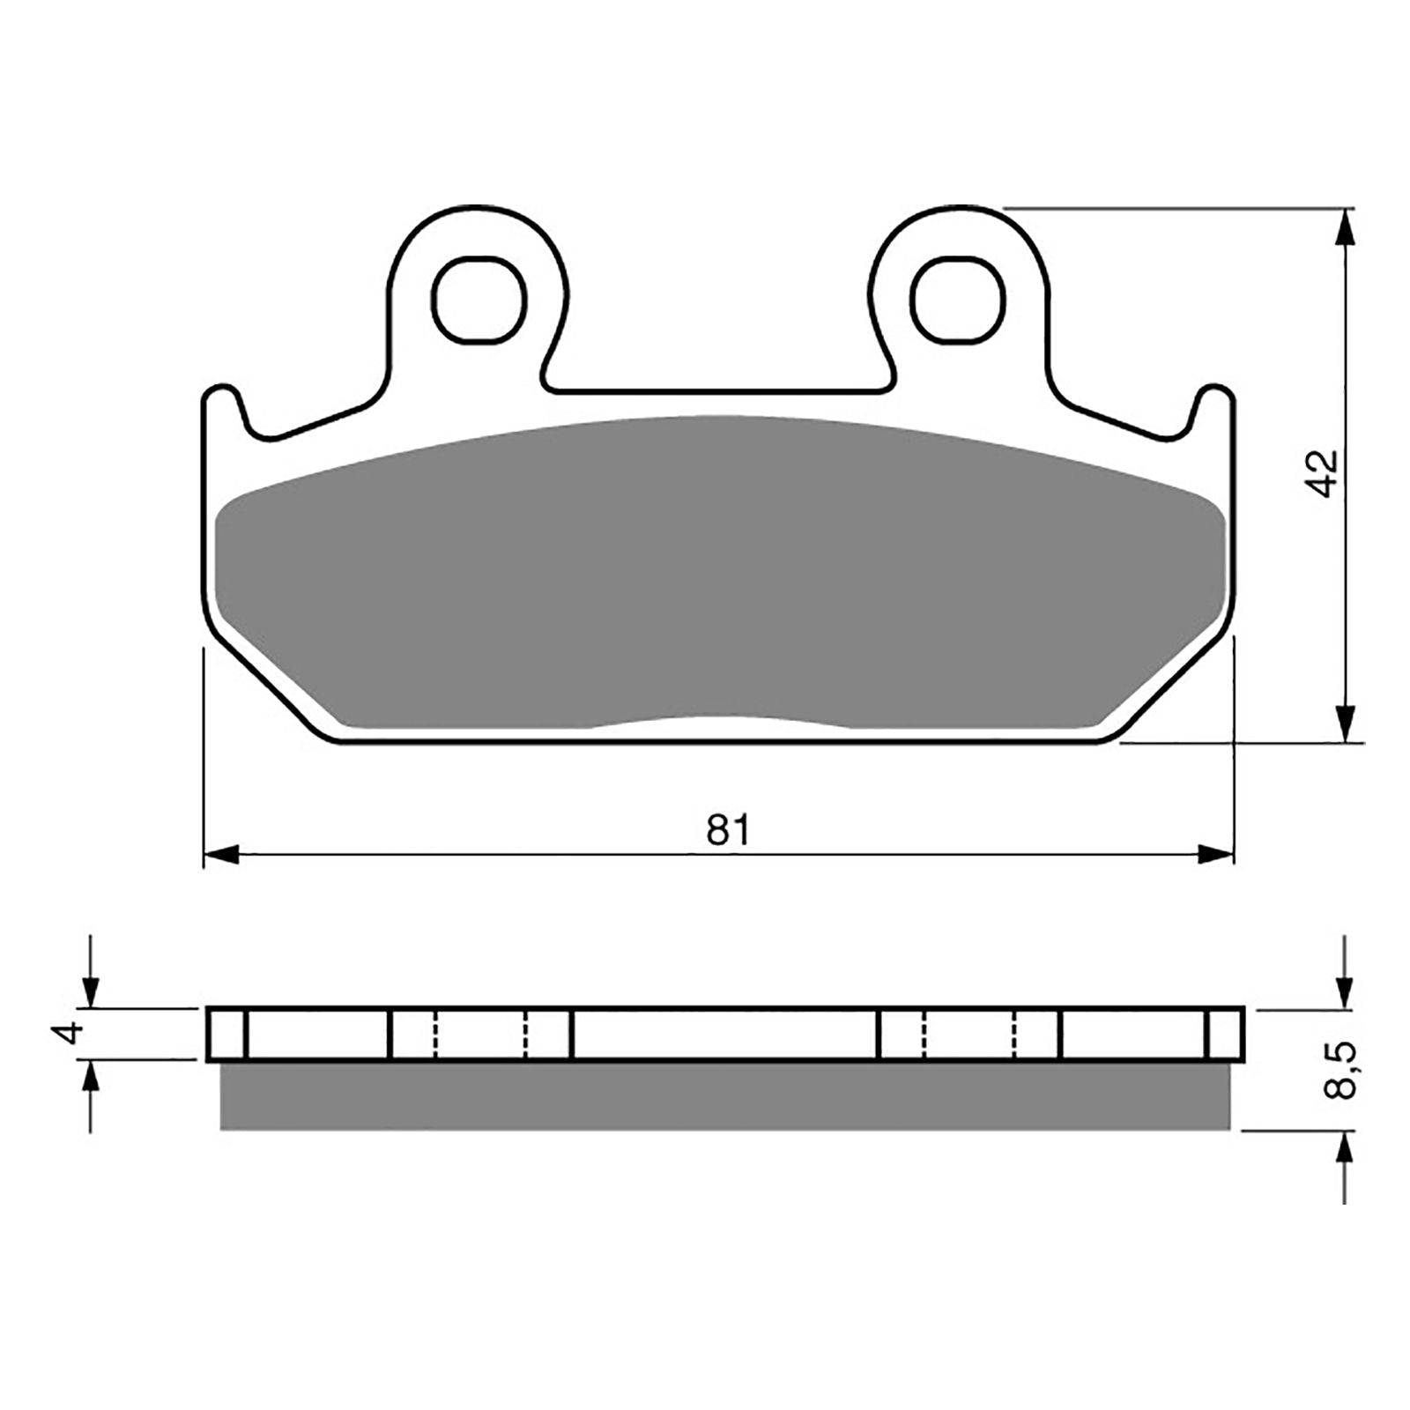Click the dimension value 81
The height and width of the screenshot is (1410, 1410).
pyautogui.click(x=728, y=829)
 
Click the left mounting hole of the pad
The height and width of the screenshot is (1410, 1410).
pyautogui.click(x=481, y=300)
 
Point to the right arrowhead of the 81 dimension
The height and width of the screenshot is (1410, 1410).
pyautogui.click(x=1216, y=853)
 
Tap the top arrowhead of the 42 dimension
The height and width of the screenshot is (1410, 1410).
pyautogui.click(x=1345, y=226)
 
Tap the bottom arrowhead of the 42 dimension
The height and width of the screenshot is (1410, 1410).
pyautogui.click(x=1345, y=728)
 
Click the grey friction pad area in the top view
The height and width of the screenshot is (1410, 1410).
pyautogui.click(x=718, y=573)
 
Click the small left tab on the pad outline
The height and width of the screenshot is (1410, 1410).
pyautogui.click(x=222, y=405)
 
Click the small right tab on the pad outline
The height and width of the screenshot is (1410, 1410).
pyautogui.click(x=1215, y=405)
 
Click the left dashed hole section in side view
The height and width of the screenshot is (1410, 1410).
pyautogui.click(x=480, y=1034)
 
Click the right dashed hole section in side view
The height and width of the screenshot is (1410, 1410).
pyautogui.click(x=970, y=1034)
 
